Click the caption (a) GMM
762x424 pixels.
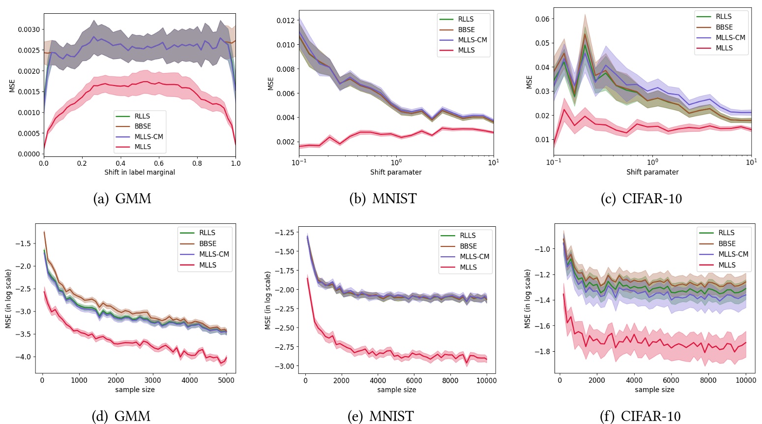122,199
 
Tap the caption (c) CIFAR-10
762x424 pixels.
641,199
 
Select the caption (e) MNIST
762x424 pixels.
381,416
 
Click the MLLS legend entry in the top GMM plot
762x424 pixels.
143,147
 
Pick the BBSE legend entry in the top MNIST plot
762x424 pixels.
466,30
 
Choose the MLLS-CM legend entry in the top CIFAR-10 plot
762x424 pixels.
730,37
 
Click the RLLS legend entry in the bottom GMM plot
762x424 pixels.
207,233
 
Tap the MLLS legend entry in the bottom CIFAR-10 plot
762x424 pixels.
727,265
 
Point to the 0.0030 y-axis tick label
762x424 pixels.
29,30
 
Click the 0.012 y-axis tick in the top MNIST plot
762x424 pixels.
285,21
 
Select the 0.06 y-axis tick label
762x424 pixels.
542,19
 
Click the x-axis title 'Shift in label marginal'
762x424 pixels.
140,172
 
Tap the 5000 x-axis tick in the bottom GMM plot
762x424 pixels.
227,380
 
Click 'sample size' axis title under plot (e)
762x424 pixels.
396,390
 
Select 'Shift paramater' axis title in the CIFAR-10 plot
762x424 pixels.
652,172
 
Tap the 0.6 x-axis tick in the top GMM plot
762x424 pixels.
159,163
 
